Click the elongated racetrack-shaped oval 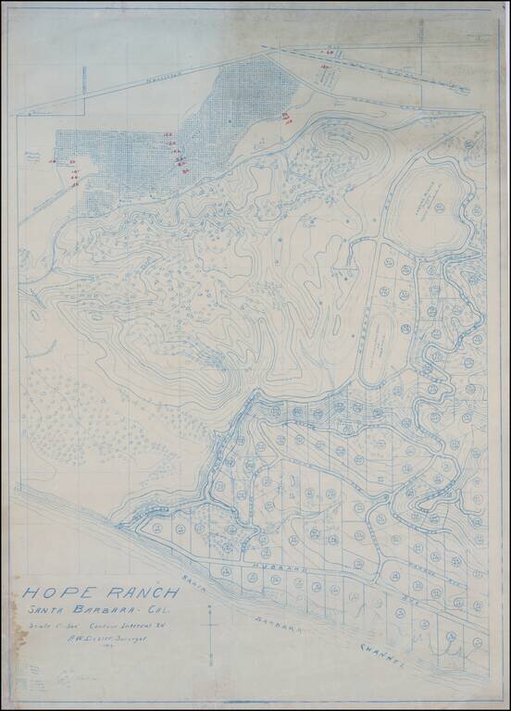click(x=377, y=348)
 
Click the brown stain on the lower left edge click(x=16, y=639)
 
